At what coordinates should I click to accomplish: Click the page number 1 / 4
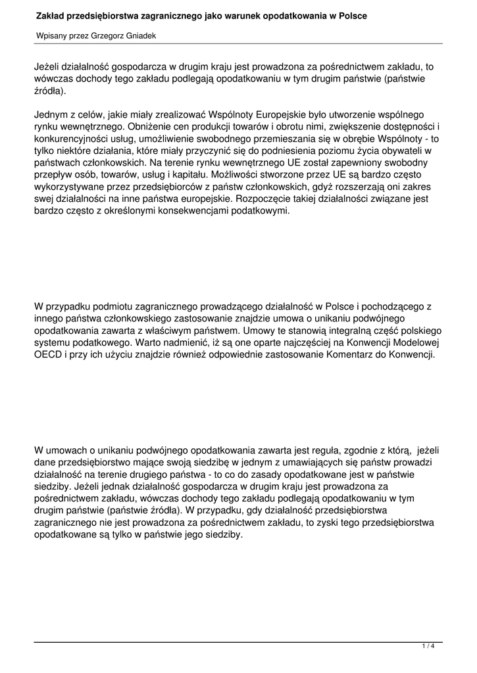tap(428, 647)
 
